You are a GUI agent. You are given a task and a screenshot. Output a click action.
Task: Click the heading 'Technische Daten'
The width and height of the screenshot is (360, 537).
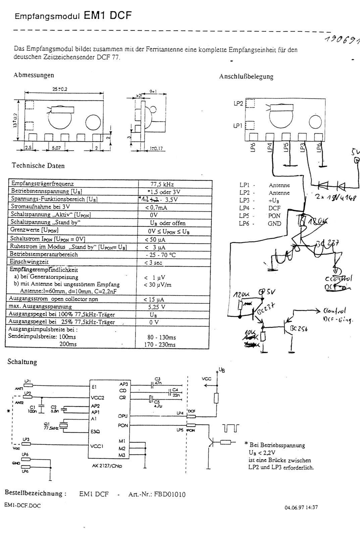pyautogui.click(x=38, y=166)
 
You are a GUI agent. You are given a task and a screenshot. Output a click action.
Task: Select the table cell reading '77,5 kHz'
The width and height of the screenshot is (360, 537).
pyautogui.click(x=162, y=184)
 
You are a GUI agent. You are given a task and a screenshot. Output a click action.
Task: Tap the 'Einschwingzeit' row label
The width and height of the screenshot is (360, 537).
pyautogui.click(x=30, y=262)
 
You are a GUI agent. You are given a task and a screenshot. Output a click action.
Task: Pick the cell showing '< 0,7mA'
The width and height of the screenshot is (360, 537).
pyautogui.click(x=156, y=207)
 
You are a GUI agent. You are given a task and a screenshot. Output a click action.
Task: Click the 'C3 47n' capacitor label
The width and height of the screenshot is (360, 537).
pyautogui.click(x=157, y=381)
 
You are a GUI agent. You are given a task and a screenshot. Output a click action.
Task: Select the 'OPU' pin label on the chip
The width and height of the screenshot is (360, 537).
pyautogui.click(x=122, y=416)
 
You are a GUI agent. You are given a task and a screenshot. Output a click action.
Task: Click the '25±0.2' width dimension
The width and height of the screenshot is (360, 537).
pyautogui.click(x=59, y=89)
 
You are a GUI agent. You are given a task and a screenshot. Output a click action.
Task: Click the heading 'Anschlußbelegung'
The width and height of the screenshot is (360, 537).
pyautogui.click(x=246, y=76)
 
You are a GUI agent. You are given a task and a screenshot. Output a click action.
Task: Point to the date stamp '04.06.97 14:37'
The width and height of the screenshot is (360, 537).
pyautogui.click(x=301, y=507)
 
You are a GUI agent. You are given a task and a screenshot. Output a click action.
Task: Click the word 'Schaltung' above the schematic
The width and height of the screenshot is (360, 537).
pyautogui.click(x=22, y=362)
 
